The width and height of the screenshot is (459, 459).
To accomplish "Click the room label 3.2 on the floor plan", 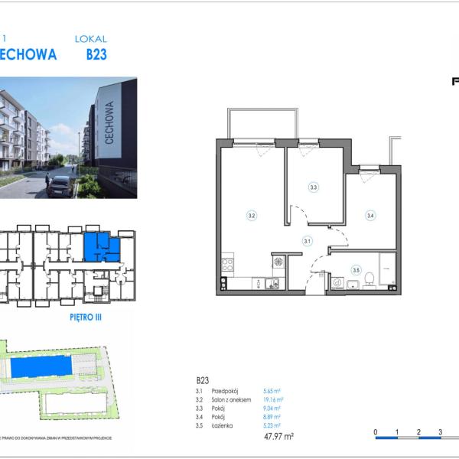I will coord(251,216).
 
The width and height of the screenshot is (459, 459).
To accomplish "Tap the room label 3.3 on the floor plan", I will coord(313,187).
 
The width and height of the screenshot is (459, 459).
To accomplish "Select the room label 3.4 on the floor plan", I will coord(370,216).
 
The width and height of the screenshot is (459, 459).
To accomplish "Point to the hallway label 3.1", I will coord(307,241).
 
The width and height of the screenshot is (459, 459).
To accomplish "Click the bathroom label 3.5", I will coord(356,269).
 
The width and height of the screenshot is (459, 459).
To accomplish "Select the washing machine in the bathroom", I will coord(337,281).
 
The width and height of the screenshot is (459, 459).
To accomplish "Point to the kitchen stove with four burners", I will coord(227,266).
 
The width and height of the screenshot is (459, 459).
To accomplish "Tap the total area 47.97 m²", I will coord(278,437).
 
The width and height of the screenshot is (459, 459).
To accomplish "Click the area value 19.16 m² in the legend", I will coord(274,399).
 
